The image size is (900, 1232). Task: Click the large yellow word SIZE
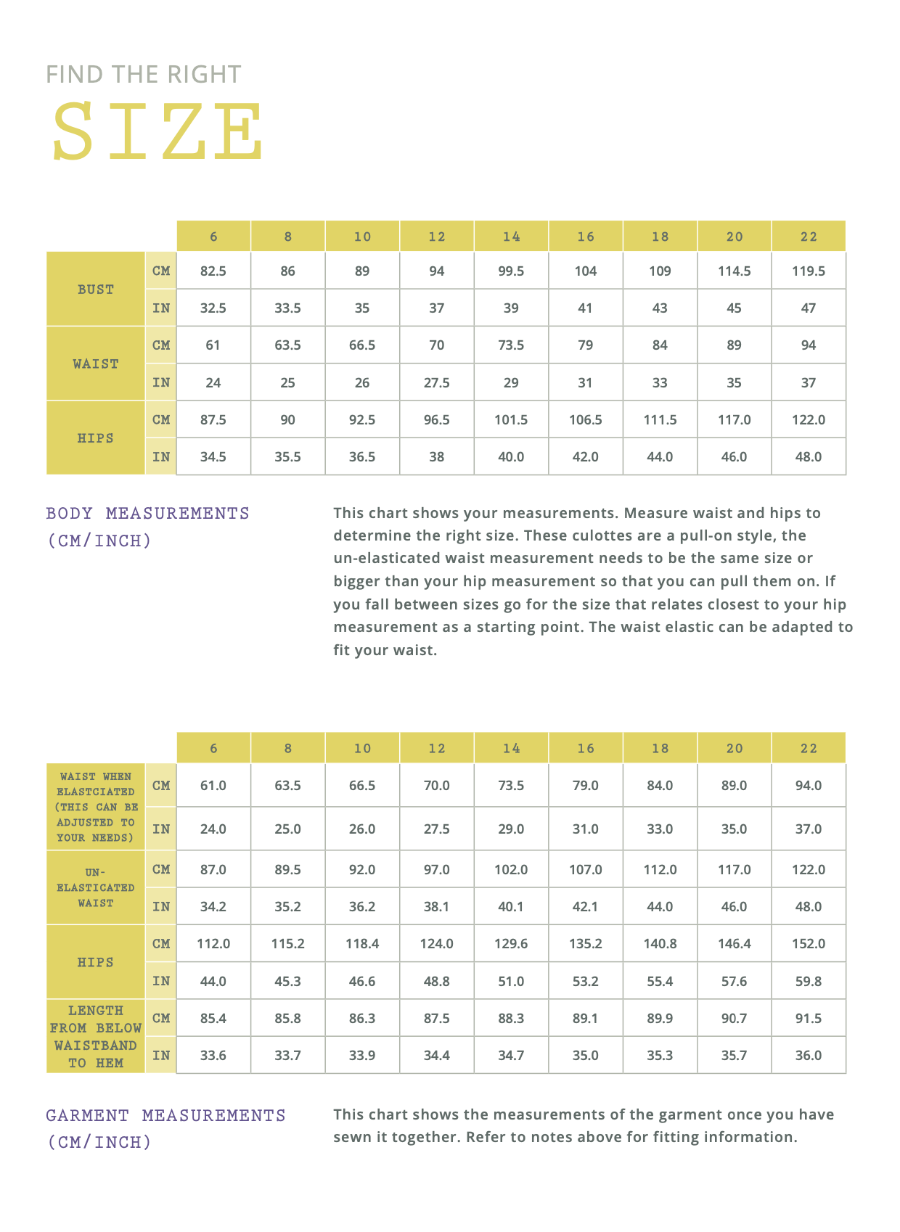157,131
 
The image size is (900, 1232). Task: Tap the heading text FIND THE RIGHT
143,74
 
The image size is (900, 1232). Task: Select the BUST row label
96,289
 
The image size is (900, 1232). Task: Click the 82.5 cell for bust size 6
213,271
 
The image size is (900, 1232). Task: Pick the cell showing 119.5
809,271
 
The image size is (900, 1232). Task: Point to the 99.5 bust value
511,271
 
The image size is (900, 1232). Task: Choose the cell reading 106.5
585,420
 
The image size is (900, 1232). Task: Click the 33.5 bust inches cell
287,308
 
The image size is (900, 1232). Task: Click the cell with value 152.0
809,944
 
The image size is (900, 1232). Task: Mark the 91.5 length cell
809,1019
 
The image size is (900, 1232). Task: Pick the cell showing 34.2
213,907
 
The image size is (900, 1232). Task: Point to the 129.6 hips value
511,944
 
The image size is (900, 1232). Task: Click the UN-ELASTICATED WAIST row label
96,887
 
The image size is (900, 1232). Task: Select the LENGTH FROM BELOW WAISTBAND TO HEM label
96,1036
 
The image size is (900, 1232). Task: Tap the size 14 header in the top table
511,237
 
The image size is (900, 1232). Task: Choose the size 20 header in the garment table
735,748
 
